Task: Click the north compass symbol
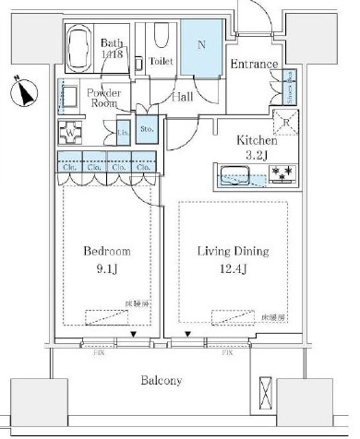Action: tap(25, 93)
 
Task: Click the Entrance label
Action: tap(253, 64)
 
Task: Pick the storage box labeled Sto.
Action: tap(147, 129)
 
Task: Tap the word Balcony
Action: tap(161, 380)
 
